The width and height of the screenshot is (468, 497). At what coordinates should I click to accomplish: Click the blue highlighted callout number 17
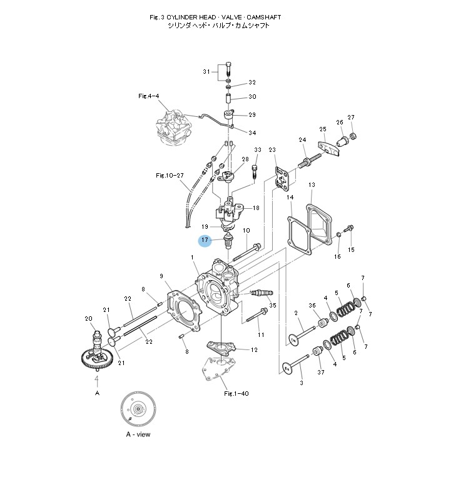point(205,241)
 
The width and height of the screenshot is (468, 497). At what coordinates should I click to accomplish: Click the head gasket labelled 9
point(184,308)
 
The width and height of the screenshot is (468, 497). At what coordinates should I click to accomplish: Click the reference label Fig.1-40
point(236,393)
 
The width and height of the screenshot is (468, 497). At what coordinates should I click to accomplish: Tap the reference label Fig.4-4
point(148,96)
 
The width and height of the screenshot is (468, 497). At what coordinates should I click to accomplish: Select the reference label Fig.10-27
point(170,175)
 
